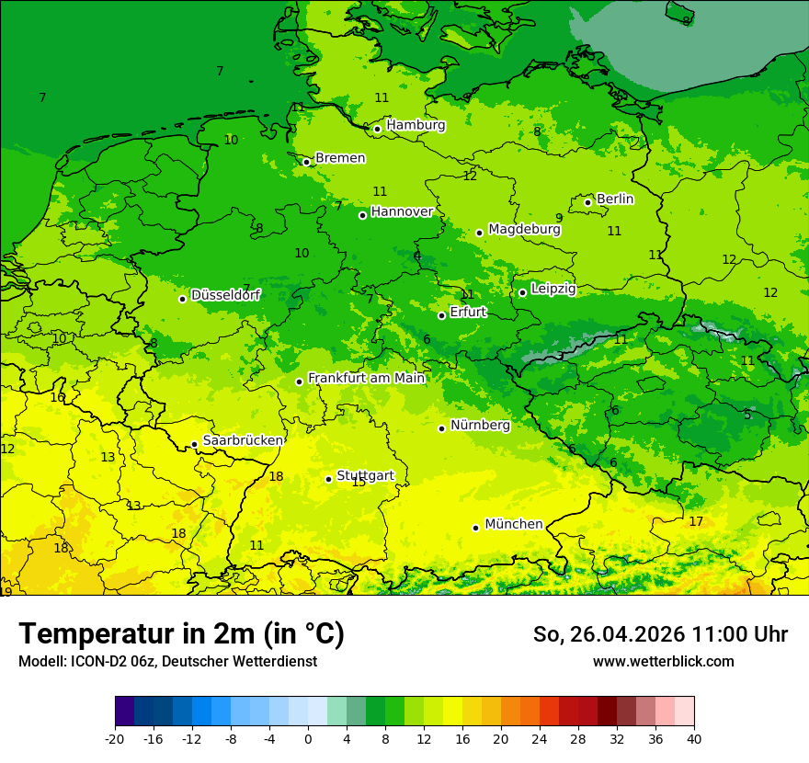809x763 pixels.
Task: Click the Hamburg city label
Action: point(416,125)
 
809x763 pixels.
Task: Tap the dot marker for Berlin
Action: point(588,202)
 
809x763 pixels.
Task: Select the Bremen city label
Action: point(340,158)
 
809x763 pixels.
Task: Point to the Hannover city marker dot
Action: point(363,215)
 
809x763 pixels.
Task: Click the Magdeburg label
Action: point(524,229)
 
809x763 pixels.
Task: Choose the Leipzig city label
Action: point(553,289)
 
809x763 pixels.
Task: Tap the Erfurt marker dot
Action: point(442,315)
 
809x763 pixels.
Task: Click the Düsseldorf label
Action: point(225,295)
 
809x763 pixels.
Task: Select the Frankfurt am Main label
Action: point(366,378)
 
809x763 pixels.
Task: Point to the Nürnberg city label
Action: point(480,425)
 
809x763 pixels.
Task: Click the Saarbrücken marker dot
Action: point(195,444)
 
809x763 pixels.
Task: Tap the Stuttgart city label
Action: point(365,475)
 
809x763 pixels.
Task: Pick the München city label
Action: point(513,524)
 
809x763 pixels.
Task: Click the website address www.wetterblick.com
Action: point(663,661)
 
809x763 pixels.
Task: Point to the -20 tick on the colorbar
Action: point(115,738)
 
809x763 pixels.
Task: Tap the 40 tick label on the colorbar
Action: point(693,738)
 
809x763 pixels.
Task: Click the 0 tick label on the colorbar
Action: point(308,738)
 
